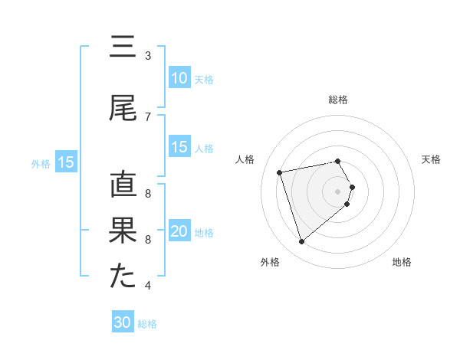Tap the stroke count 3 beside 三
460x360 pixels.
[x=148, y=55]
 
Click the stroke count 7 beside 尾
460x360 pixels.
[x=148, y=116]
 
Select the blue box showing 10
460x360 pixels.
[x=179, y=78]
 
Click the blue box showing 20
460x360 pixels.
[x=179, y=232]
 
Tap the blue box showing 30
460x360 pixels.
[x=122, y=322]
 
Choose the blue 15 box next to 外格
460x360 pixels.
[x=65, y=162]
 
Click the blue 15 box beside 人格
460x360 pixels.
[x=179, y=148]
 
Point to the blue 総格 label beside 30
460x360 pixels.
[x=147, y=324]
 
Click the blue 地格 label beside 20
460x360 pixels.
[x=204, y=233]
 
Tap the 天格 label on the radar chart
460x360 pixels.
[x=432, y=159]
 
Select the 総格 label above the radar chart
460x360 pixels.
[x=337, y=100]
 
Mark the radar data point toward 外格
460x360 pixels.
[x=301, y=242]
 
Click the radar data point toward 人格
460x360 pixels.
[x=280, y=172]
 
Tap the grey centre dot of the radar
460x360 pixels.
[x=337, y=191]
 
